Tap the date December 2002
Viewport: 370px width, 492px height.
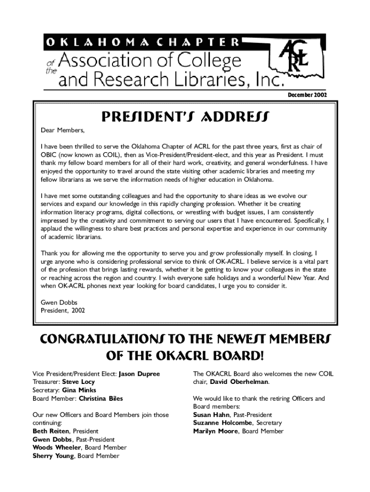[x=307, y=95]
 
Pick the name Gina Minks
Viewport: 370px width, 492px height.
[x=79, y=390]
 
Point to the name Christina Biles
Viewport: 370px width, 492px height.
[x=100, y=398]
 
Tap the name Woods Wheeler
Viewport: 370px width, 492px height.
[x=53, y=448]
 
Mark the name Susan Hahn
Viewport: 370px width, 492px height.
[x=211, y=415]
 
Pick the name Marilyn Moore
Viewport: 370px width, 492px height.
[x=215, y=431]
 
